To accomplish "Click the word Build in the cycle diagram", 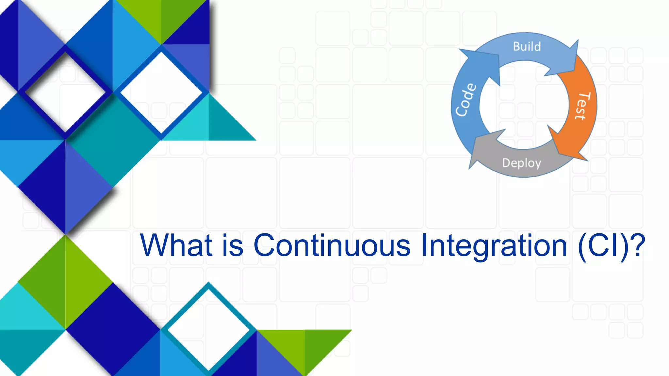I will click(527, 47).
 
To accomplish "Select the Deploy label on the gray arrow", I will click(521, 163).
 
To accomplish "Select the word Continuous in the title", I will click(332, 245).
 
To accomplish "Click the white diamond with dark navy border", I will click(66, 92).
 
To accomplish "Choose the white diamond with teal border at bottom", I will click(209, 330).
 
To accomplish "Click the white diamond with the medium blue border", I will click(161, 92).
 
